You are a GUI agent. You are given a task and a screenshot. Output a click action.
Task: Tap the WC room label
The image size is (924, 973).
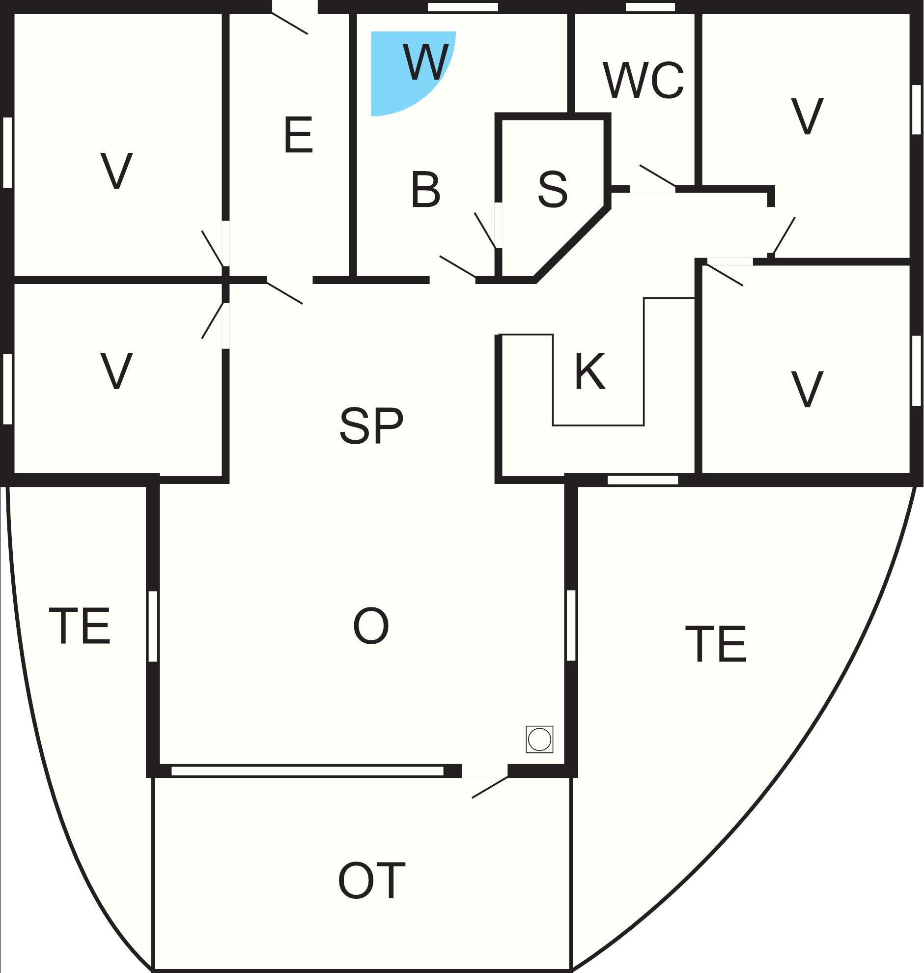pos(643,80)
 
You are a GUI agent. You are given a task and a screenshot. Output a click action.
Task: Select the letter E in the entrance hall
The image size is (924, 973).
pos(299,135)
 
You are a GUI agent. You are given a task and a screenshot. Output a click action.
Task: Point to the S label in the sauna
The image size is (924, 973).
pos(552,189)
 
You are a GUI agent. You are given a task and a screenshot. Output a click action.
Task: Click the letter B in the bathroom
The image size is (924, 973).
pos(425,190)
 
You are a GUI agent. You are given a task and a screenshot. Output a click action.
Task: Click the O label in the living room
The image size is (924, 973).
pos(371,626)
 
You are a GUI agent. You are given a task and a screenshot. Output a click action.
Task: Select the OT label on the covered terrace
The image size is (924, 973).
pos(371,881)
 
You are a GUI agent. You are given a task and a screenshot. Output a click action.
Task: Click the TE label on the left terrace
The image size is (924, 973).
pos(80,626)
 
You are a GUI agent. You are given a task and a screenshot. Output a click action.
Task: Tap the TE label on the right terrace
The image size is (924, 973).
pos(716,644)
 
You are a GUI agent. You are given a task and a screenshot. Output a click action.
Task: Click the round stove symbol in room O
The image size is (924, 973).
pos(539,740)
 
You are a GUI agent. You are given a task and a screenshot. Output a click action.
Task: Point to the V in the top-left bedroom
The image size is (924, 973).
pos(116,171)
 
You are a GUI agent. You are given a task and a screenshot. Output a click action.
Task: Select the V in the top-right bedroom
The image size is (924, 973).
pos(807,117)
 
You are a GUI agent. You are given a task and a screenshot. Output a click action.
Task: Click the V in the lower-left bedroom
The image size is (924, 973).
pos(116,371)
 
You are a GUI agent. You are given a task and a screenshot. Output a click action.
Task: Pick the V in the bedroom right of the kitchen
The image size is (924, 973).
pos(807,389)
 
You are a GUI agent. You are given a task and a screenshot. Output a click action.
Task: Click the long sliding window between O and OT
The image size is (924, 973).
pos(308,771)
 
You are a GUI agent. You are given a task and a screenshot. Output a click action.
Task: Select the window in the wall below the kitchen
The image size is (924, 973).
pos(643,480)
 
